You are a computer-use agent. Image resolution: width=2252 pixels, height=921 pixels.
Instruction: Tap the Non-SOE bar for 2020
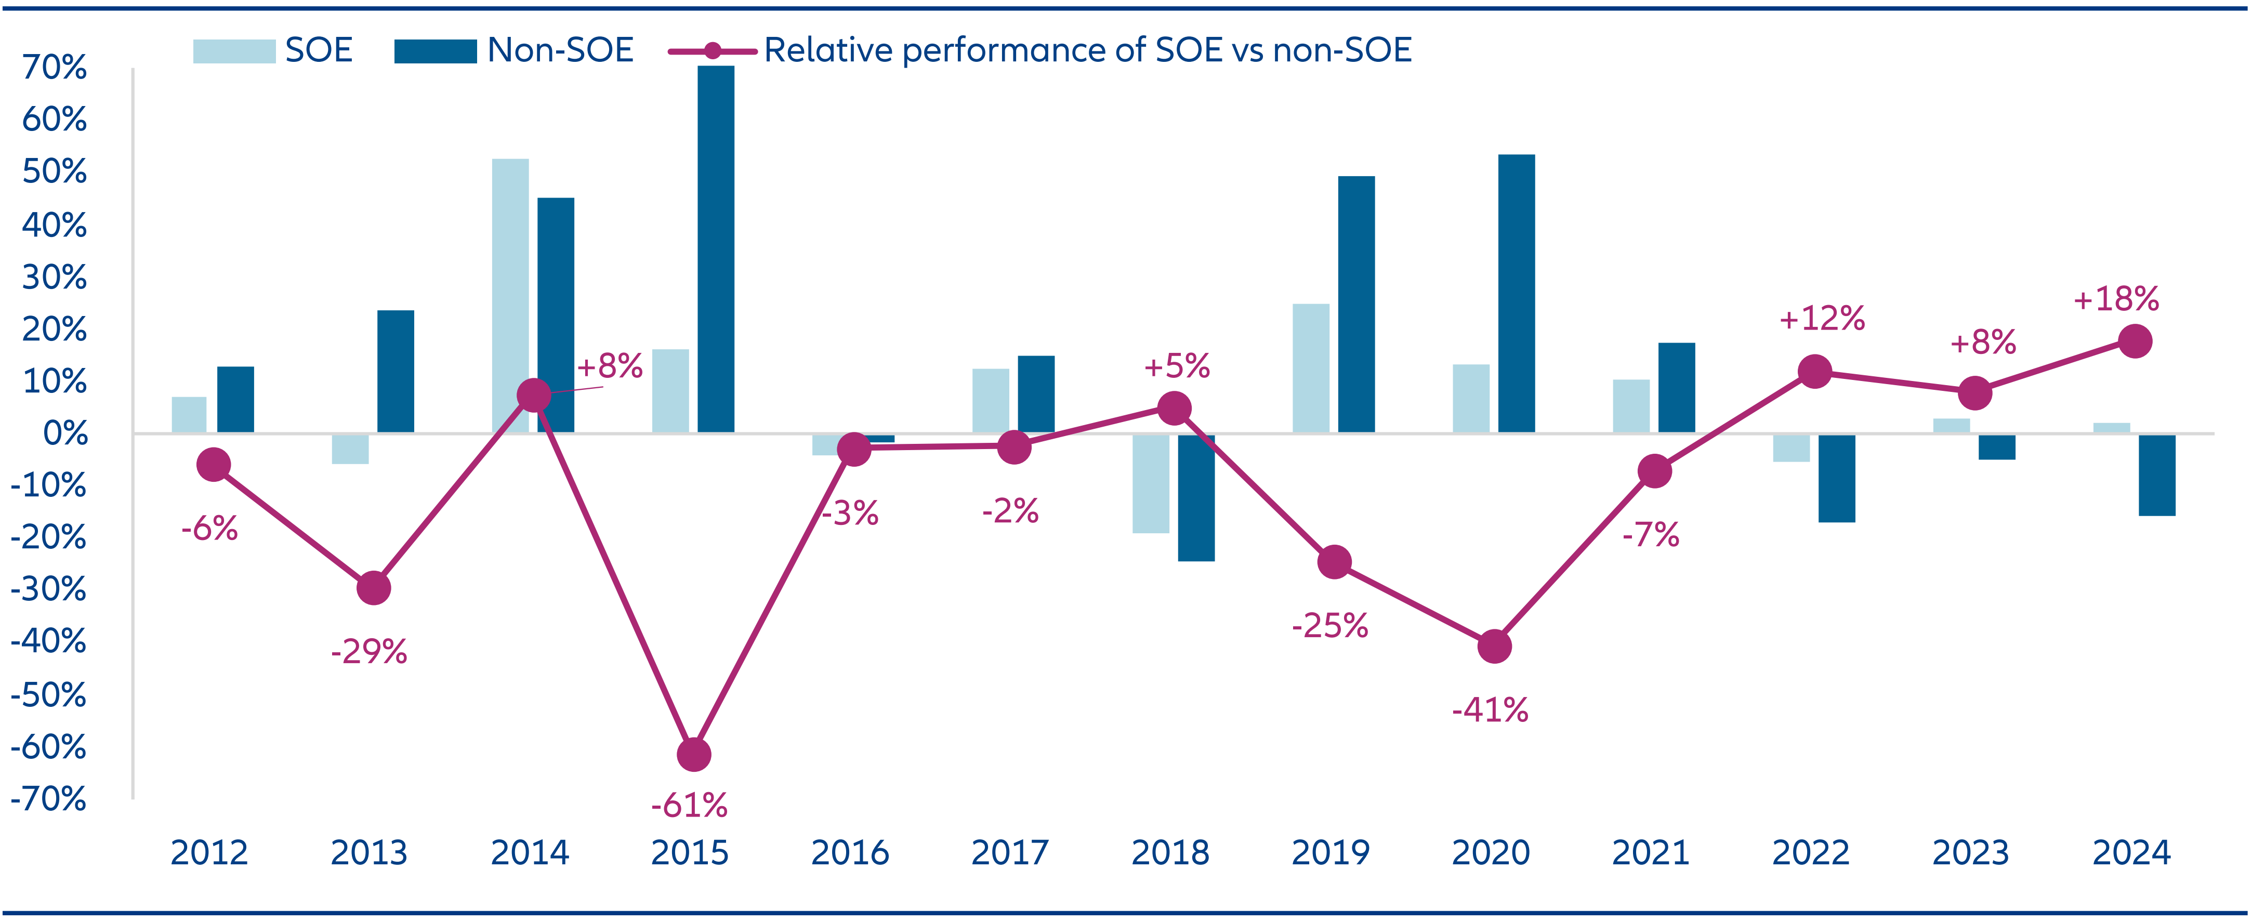(1516, 293)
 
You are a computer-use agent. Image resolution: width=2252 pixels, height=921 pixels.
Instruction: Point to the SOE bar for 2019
(1310, 368)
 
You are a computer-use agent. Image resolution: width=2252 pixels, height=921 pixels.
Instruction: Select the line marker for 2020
(1494, 647)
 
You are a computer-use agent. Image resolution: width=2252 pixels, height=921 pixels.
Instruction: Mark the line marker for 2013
(373, 588)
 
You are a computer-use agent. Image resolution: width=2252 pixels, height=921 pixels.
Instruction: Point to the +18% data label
(2116, 299)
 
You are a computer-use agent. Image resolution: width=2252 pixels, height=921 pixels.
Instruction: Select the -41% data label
(1490, 710)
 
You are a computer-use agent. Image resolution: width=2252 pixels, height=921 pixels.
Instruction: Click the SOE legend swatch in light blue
(233, 51)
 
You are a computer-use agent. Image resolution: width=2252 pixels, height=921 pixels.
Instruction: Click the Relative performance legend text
(1087, 51)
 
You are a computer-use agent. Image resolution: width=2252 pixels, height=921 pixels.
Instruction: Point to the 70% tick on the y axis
(54, 68)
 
